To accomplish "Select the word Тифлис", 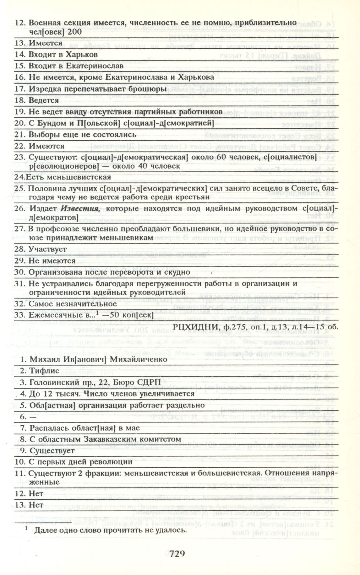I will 44,371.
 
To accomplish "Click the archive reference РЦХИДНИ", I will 192,326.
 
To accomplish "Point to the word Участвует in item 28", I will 48,249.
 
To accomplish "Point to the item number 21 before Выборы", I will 19,135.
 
